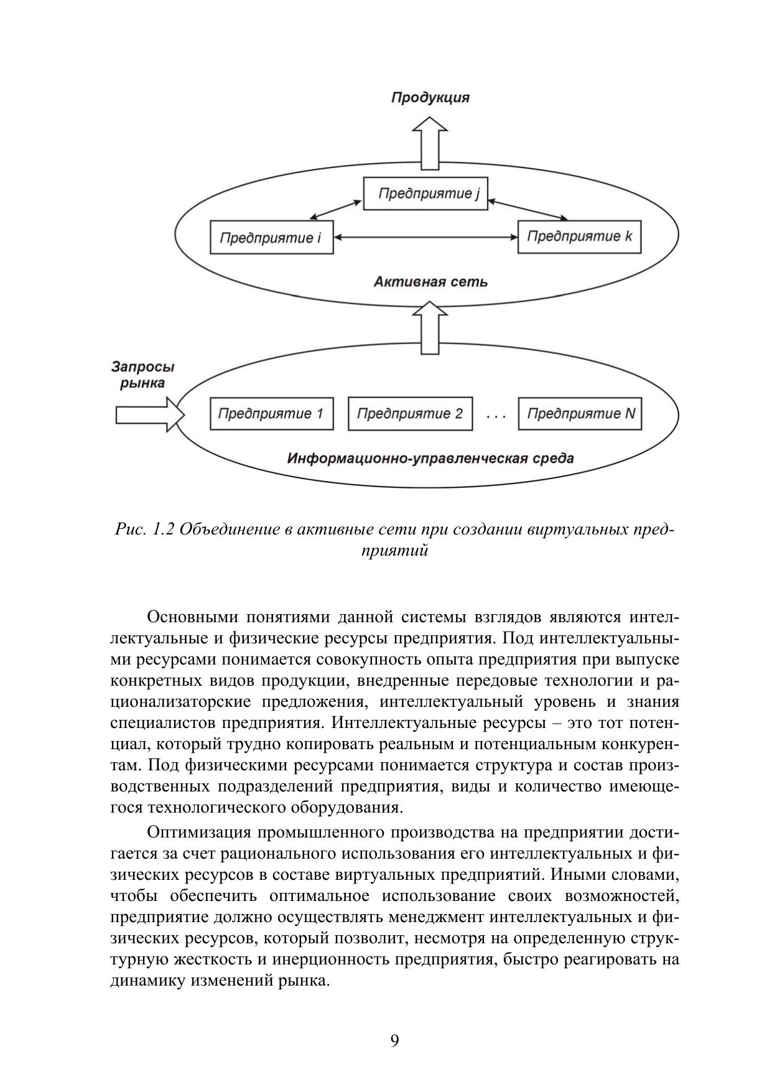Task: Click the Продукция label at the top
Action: click(x=430, y=98)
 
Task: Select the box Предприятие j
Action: click(x=426, y=194)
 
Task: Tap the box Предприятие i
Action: click(x=272, y=238)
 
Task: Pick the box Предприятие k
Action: click(x=579, y=236)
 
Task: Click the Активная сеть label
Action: click(x=430, y=282)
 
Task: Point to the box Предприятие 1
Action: click(x=272, y=414)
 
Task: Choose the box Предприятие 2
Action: click(x=410, y=414)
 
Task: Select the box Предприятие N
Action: click(x=579, y=414)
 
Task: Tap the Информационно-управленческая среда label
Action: click(x=430, y=459)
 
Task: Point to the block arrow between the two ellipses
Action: click(x=430, y=327)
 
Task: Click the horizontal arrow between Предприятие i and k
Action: click(x=426, y=237)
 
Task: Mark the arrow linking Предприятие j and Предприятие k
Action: click(x=528, y=209)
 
